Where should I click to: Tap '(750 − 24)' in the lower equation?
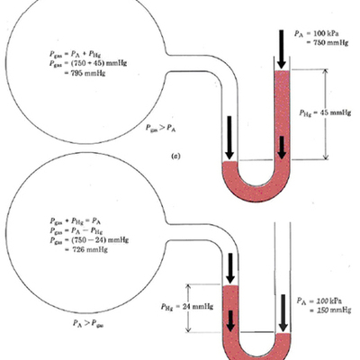pos(81,248)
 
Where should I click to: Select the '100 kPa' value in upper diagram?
pos(320,30)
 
